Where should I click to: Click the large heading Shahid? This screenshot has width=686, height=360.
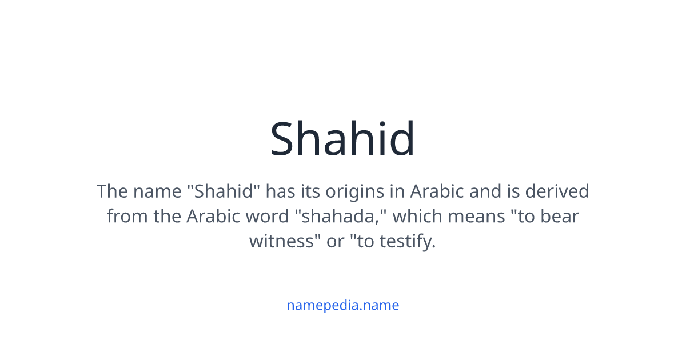342,139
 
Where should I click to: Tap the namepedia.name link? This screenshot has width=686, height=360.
342,305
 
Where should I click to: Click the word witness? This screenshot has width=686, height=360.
280,241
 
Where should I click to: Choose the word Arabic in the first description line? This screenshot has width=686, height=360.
437,191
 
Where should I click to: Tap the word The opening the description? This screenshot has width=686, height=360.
112,191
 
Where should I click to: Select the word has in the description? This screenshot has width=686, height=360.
281,191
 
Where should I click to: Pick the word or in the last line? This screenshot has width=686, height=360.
335,241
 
